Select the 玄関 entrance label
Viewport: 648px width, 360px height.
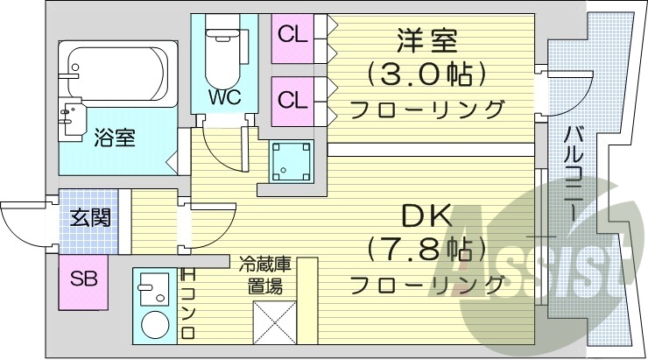tap(90, 217)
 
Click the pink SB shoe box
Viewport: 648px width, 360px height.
tap(83, 280)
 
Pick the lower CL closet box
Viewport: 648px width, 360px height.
tap(292, 99)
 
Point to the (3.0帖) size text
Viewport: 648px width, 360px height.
tap(427, 74)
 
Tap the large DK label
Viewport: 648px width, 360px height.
tap(426, 215)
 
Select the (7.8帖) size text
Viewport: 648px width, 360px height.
tap(427, 250)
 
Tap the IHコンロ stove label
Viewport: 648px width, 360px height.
tap(187, 303)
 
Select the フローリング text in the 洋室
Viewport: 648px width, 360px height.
tap(427, 109)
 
